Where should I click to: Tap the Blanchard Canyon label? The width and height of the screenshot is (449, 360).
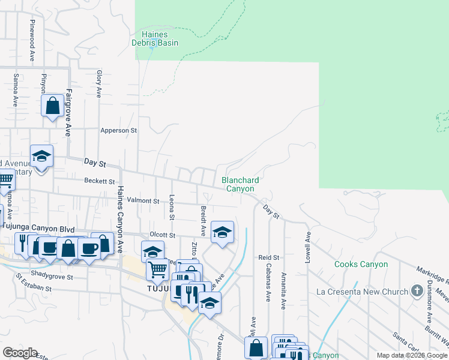[240, 184]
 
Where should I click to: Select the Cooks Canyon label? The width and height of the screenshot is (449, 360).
[361, 264]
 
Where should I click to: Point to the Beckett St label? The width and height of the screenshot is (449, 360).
[99, 181]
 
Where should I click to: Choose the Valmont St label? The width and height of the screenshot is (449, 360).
[143, 201]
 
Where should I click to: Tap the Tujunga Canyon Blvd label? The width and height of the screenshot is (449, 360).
[41, 229]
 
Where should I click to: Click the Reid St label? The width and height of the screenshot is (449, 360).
[265, 257]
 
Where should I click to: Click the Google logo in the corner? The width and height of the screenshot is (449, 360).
[20, 353]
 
